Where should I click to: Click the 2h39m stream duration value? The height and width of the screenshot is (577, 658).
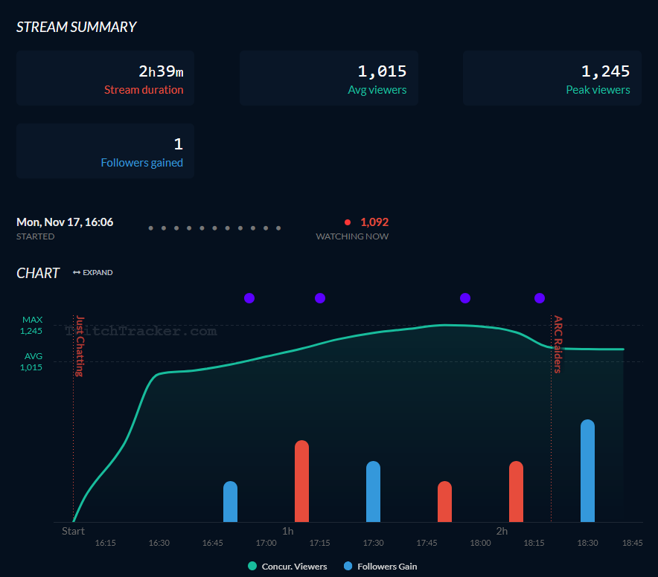pyautogui.click(x=161, y=71)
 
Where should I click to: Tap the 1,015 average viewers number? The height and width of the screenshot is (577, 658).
pyautogui.click(x=382, y=71)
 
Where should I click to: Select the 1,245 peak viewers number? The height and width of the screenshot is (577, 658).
pyautogui.click(x=605, y=71)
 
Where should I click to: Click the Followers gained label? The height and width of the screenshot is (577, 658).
pyautogui.click(x=142, y=163)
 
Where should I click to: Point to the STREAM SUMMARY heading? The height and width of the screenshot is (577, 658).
pyautogui.click(x=77, y=27)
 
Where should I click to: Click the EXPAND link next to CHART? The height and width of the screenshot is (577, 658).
pyautogui.click(x=93, y=273)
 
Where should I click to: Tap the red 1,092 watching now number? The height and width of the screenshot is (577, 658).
pyautogui.click(x=374, y=222)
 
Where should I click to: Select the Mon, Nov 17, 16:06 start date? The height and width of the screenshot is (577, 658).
pyautogui.click(x=65, y=222)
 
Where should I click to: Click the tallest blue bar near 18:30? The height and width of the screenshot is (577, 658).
pyautogui.click(x=587, y=471)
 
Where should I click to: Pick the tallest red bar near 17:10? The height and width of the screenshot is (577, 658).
pyautogui.click(x=301, y=481)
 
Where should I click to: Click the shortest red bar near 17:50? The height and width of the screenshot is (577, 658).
pyautogui.click(x=444, y=502)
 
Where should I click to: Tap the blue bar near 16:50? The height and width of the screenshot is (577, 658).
pyautogui.click(x=230, y=502)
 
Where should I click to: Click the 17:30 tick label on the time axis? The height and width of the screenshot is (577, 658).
pyautogui.click(x=373, y=543)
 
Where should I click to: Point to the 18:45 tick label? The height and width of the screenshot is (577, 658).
pyautogui.click(x=632, y=543)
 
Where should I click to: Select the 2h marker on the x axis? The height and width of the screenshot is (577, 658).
pyautogui.click(x=502, y=531)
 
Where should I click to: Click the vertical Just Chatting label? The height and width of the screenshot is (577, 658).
pyautogui.click(x=79, y=346)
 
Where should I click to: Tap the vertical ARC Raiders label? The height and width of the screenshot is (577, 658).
pyautogui.click(x=558, y=344)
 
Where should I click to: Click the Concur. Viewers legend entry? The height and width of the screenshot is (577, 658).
pyautogui.click(x=287, y=567)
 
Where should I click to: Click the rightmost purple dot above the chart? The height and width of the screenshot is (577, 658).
pyautogui.click(x=540, y=298)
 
